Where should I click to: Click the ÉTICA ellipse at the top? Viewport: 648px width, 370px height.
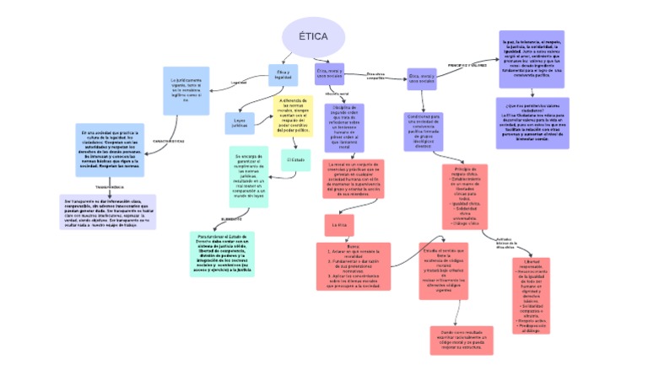(x=313, y=38)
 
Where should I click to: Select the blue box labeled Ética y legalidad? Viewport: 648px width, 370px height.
(x=283, y=75)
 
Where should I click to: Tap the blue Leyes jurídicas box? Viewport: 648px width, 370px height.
(x=240, y=123)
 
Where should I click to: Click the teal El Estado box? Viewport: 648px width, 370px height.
(x=295, y=159)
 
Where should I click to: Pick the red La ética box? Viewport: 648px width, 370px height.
(x=342, y=225)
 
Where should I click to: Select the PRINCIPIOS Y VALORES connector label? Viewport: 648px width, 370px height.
(x=467, y=65)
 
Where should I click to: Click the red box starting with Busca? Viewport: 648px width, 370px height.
(x=354, y=266)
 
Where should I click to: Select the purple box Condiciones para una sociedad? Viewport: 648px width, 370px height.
(x=424, y=131)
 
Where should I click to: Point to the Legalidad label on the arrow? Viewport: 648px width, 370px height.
(x=239, y=83)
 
